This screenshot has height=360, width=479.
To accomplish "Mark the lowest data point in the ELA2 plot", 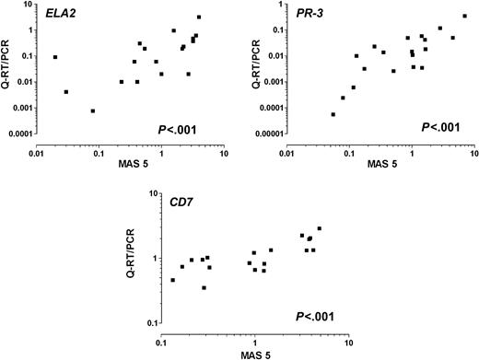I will pyautogui.click(x=92, y=110).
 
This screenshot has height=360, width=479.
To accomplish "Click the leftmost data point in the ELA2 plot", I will pyautogui.click(x=54, y=57).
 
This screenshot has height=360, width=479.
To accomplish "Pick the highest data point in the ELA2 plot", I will pyautogui.click(x=198, y=17).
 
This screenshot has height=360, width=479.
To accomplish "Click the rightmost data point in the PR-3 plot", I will pyautogui.click(x=465, y=16).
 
